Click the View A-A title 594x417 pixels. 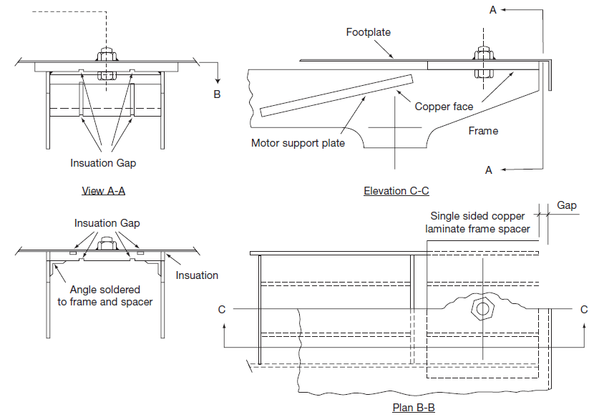(x=103, y=190)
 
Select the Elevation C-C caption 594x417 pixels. (x=396, y=190)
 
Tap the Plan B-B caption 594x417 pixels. (x=414, y=408)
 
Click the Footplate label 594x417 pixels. (x=368, y=32)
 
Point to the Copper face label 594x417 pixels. (x=444, y=107)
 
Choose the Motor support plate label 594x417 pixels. (x=298, y=142)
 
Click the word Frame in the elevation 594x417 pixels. (x=483, y=130)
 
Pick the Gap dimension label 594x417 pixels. (x=567, y=205)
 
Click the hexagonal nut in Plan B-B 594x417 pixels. (x=482, y=309)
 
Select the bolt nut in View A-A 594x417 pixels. (x=104, y=56)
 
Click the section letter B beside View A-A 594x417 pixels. (x=218, y=94)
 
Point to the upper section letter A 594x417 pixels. (x=493, y=9)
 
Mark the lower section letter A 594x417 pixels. (x=489, y=170)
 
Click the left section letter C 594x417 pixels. (x=221, y=310)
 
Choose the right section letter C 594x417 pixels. (x=583, y=310)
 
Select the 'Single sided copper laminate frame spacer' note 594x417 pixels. (x=477, y=222)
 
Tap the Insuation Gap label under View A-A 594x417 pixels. (x=103, y=163)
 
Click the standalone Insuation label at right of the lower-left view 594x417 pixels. (x=197, y=275)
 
